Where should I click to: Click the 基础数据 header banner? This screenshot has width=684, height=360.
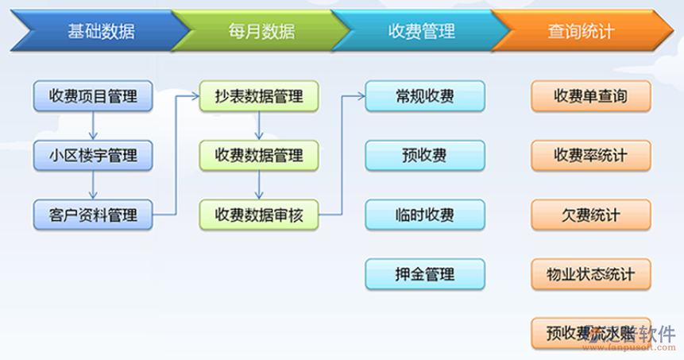[100, 32]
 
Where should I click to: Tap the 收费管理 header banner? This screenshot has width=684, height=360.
[421, 32]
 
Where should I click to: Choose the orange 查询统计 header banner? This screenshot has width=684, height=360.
[581, 32]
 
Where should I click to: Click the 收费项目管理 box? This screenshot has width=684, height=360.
[93, 97]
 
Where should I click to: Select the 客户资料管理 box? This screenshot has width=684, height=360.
[93, 214]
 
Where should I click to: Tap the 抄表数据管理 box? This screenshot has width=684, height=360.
[259, 97]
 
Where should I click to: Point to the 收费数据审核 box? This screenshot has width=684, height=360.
[259, 214]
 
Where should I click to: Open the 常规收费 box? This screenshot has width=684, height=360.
[425, 97]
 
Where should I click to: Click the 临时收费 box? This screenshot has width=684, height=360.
[425, 214]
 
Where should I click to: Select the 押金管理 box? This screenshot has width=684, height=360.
[425, 274]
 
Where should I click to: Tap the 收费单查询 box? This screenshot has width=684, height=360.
[591, 97]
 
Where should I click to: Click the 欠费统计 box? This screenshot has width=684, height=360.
[591, 214]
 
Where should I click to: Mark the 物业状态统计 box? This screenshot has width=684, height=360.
[591, 274]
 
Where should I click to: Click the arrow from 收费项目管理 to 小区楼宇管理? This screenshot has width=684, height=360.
[93, 126]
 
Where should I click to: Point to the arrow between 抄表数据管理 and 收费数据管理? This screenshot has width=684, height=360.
[259, 126]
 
